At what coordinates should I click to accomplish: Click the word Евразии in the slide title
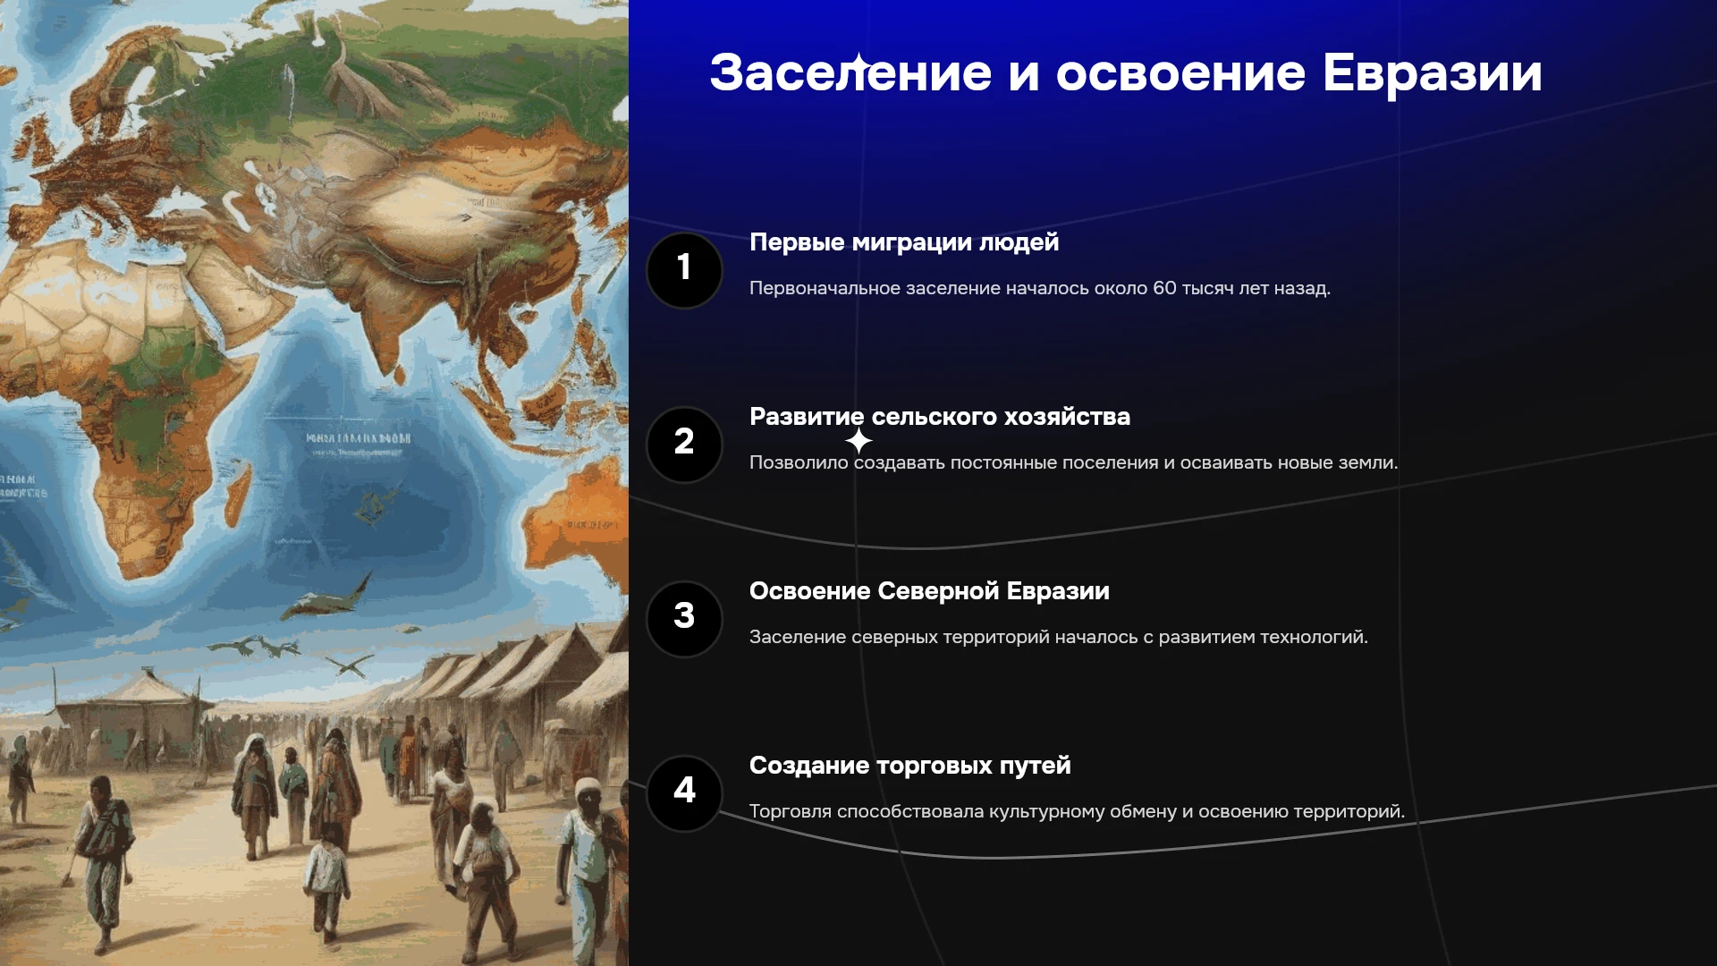coord(1433,72)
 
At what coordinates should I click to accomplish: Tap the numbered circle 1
coord(684,270)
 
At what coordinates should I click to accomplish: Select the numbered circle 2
coord(684,445)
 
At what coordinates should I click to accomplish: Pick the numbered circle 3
coord(684,619)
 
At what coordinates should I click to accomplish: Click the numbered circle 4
coord(684,793)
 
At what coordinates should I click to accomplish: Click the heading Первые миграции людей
coord(904,242)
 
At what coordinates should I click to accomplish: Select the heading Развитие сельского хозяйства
coord(940,417)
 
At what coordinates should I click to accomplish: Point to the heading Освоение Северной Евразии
coord(929,591)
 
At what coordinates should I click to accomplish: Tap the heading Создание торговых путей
coord(909,766)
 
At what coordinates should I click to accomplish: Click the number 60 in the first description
coord(1164,288)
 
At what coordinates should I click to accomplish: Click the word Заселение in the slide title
coord(850,72)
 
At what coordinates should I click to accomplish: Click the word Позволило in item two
coord(799,462)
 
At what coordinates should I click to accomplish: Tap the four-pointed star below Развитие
coord(858,441)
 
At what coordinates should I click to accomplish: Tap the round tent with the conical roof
coord(134,716)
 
